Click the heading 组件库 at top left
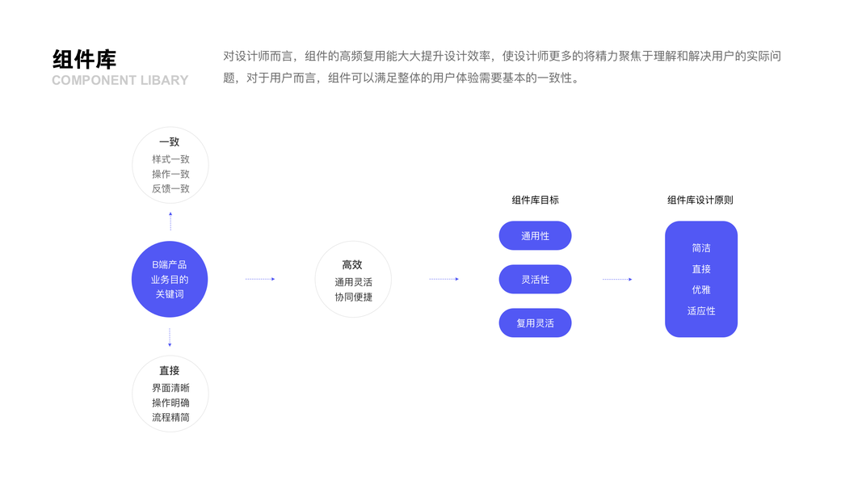(x=84, y=59)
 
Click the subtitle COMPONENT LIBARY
(x=120, y=80)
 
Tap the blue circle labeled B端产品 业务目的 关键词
(x=170, y=279)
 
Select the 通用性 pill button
(x=535, y=236)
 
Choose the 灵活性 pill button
(x=535, y=280)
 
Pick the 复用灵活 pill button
(x=535, y=323)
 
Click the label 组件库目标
(x=535, y=200)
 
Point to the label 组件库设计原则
(x=700, y=200)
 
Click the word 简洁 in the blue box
(x=701, y=248)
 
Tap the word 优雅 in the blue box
(x=701, y=289)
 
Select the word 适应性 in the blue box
(x=701, y=310)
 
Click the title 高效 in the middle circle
(x=352, y=264)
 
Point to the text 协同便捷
(x=353, y=297)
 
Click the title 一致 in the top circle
(x=170, y=142)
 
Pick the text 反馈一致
(x=170, y=188)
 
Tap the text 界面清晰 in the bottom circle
(x=170, y=388)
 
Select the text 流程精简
(x=170, y=417)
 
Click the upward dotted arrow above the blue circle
(x=170, y=221)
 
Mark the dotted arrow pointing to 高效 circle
(x=260, y=279)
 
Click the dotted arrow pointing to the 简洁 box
(x=617, y=280)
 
